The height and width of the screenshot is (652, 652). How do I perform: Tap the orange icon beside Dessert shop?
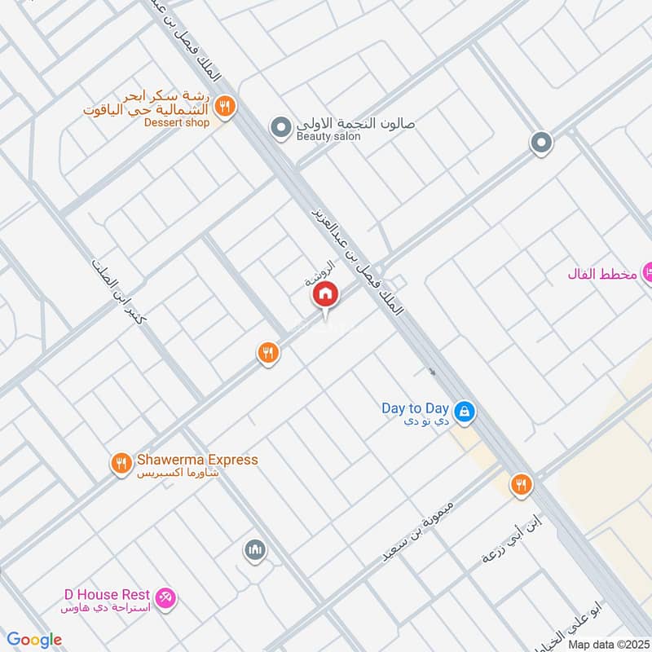tap(226, 105)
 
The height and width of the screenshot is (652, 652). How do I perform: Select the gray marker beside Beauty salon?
tap(281, 127)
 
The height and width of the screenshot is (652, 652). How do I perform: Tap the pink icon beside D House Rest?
tap(165, 597)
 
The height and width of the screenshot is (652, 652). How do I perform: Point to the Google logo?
tap(36, 640)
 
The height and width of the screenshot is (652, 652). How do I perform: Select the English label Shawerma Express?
tap(196, 460)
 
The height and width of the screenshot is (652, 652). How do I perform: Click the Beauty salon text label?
tap(328, 137)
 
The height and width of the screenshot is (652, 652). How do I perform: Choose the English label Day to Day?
tap(416, 407)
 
